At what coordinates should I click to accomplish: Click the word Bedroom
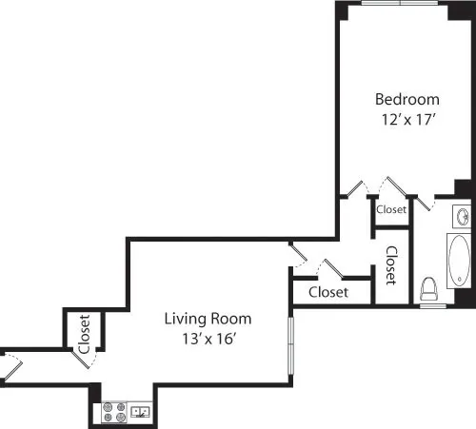(407, 99)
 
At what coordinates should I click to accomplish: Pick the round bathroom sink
(465, 216)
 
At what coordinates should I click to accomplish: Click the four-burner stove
(114, 412)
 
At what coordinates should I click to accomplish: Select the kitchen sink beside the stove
(140, 412)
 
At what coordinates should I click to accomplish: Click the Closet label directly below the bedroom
(391, 209)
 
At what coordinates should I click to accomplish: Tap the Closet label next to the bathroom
(391, 266)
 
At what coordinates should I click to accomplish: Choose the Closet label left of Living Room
(84, 333)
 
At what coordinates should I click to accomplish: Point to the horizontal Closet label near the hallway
(328, 292)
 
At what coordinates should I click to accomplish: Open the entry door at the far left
(11, 361)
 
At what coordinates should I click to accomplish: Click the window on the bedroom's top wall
(400, 3)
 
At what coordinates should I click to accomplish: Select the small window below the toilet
(433, 305)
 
